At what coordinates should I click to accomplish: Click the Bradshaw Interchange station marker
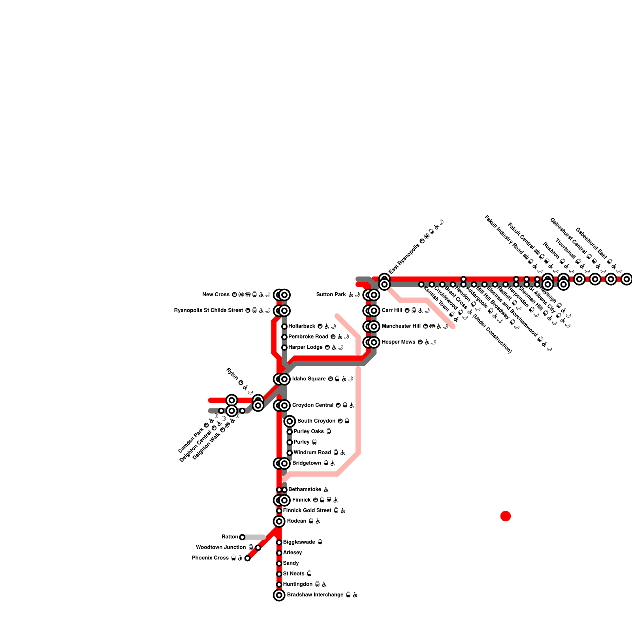[x=279, y=595]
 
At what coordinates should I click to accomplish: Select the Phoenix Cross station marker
[x=247, y=558]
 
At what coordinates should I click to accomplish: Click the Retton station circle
[x=242, y=537]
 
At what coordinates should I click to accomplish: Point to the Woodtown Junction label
[x=221, y=547]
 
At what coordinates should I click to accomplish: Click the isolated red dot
[x=506, y=516]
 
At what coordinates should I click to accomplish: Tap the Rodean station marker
[x=279, y=521]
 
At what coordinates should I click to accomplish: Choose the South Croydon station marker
[x=290, y=421]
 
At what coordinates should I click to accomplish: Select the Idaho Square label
[x=309, y=379]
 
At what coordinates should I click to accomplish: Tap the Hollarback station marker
[x=284, y=326]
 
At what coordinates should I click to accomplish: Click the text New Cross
[x=216, y=295]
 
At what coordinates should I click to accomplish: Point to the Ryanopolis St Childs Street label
[x=209, y=310]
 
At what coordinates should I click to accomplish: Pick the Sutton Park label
[x=331, y=295]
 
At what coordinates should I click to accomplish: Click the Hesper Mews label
[x=399, y=342]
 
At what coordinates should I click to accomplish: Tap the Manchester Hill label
[x=401, y=326]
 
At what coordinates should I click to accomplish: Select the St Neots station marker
[x=279, y=574]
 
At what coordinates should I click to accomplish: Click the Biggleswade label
[x=299, y=542]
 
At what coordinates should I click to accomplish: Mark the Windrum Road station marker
[x=290, y=453]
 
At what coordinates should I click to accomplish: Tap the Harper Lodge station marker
[x=284, y=348]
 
